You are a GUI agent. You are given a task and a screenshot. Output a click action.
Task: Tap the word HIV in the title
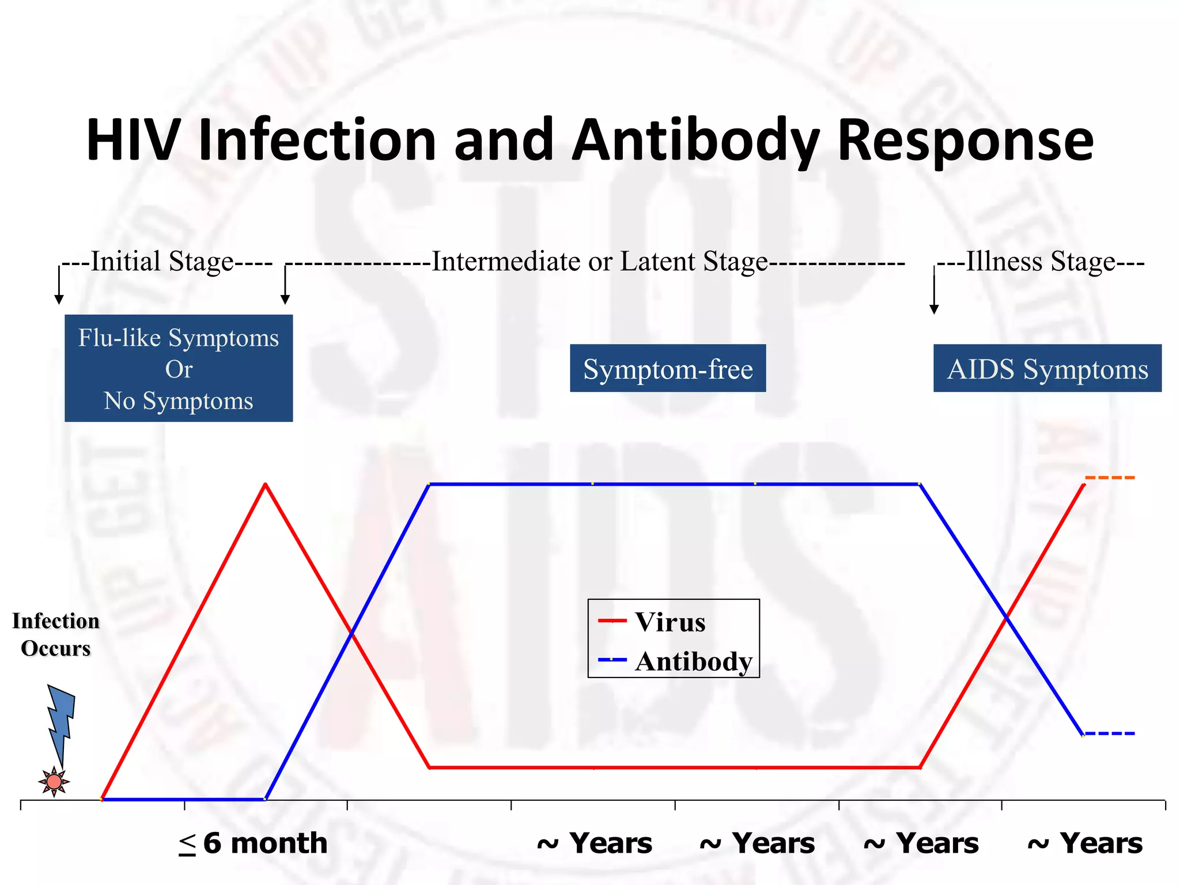point(131,140)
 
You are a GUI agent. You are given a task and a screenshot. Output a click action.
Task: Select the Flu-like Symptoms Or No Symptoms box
point(179,368)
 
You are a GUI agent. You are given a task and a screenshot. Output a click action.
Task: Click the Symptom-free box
point(668,369)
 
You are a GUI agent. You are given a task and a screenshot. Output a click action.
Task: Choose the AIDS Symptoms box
point(1047,369)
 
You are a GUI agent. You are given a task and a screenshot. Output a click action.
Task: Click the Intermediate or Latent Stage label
point(599,262)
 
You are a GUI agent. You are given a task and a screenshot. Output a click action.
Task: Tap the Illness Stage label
point(1041,262)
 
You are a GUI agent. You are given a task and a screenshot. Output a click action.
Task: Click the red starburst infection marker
point(54,782)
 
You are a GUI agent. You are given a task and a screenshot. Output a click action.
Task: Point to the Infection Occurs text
point(56,634)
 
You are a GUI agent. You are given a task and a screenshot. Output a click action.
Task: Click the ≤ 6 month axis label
point(253,844)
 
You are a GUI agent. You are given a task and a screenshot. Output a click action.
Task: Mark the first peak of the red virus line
point(265,485)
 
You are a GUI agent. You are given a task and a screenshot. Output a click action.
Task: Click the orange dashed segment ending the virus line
point(1110,478)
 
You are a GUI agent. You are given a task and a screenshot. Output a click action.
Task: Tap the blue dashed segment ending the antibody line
point(1110,733)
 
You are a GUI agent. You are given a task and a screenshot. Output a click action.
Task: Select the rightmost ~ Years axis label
point(1085,844)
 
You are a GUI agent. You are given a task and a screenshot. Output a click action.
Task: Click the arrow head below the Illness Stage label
point(934,309)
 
